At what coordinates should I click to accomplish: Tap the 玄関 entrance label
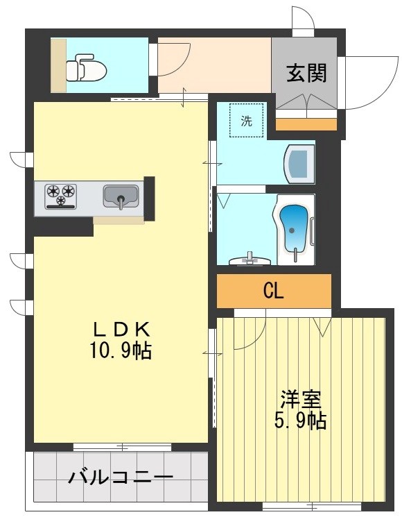tap(306, 73)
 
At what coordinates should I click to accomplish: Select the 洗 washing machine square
tap(247, 120)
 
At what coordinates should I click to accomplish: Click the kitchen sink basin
tap(121, 196)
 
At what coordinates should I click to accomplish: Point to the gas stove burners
tap(61, 195)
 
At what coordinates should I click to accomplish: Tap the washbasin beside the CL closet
tap(250, 260)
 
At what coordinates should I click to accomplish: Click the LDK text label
tap(122, 329)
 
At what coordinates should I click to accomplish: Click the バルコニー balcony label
tap(121, 477)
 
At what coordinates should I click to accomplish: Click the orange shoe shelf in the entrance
tap(306, 125)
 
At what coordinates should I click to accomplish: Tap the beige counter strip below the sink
tap(119, 220)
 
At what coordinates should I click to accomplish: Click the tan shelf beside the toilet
tap(58, 65)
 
